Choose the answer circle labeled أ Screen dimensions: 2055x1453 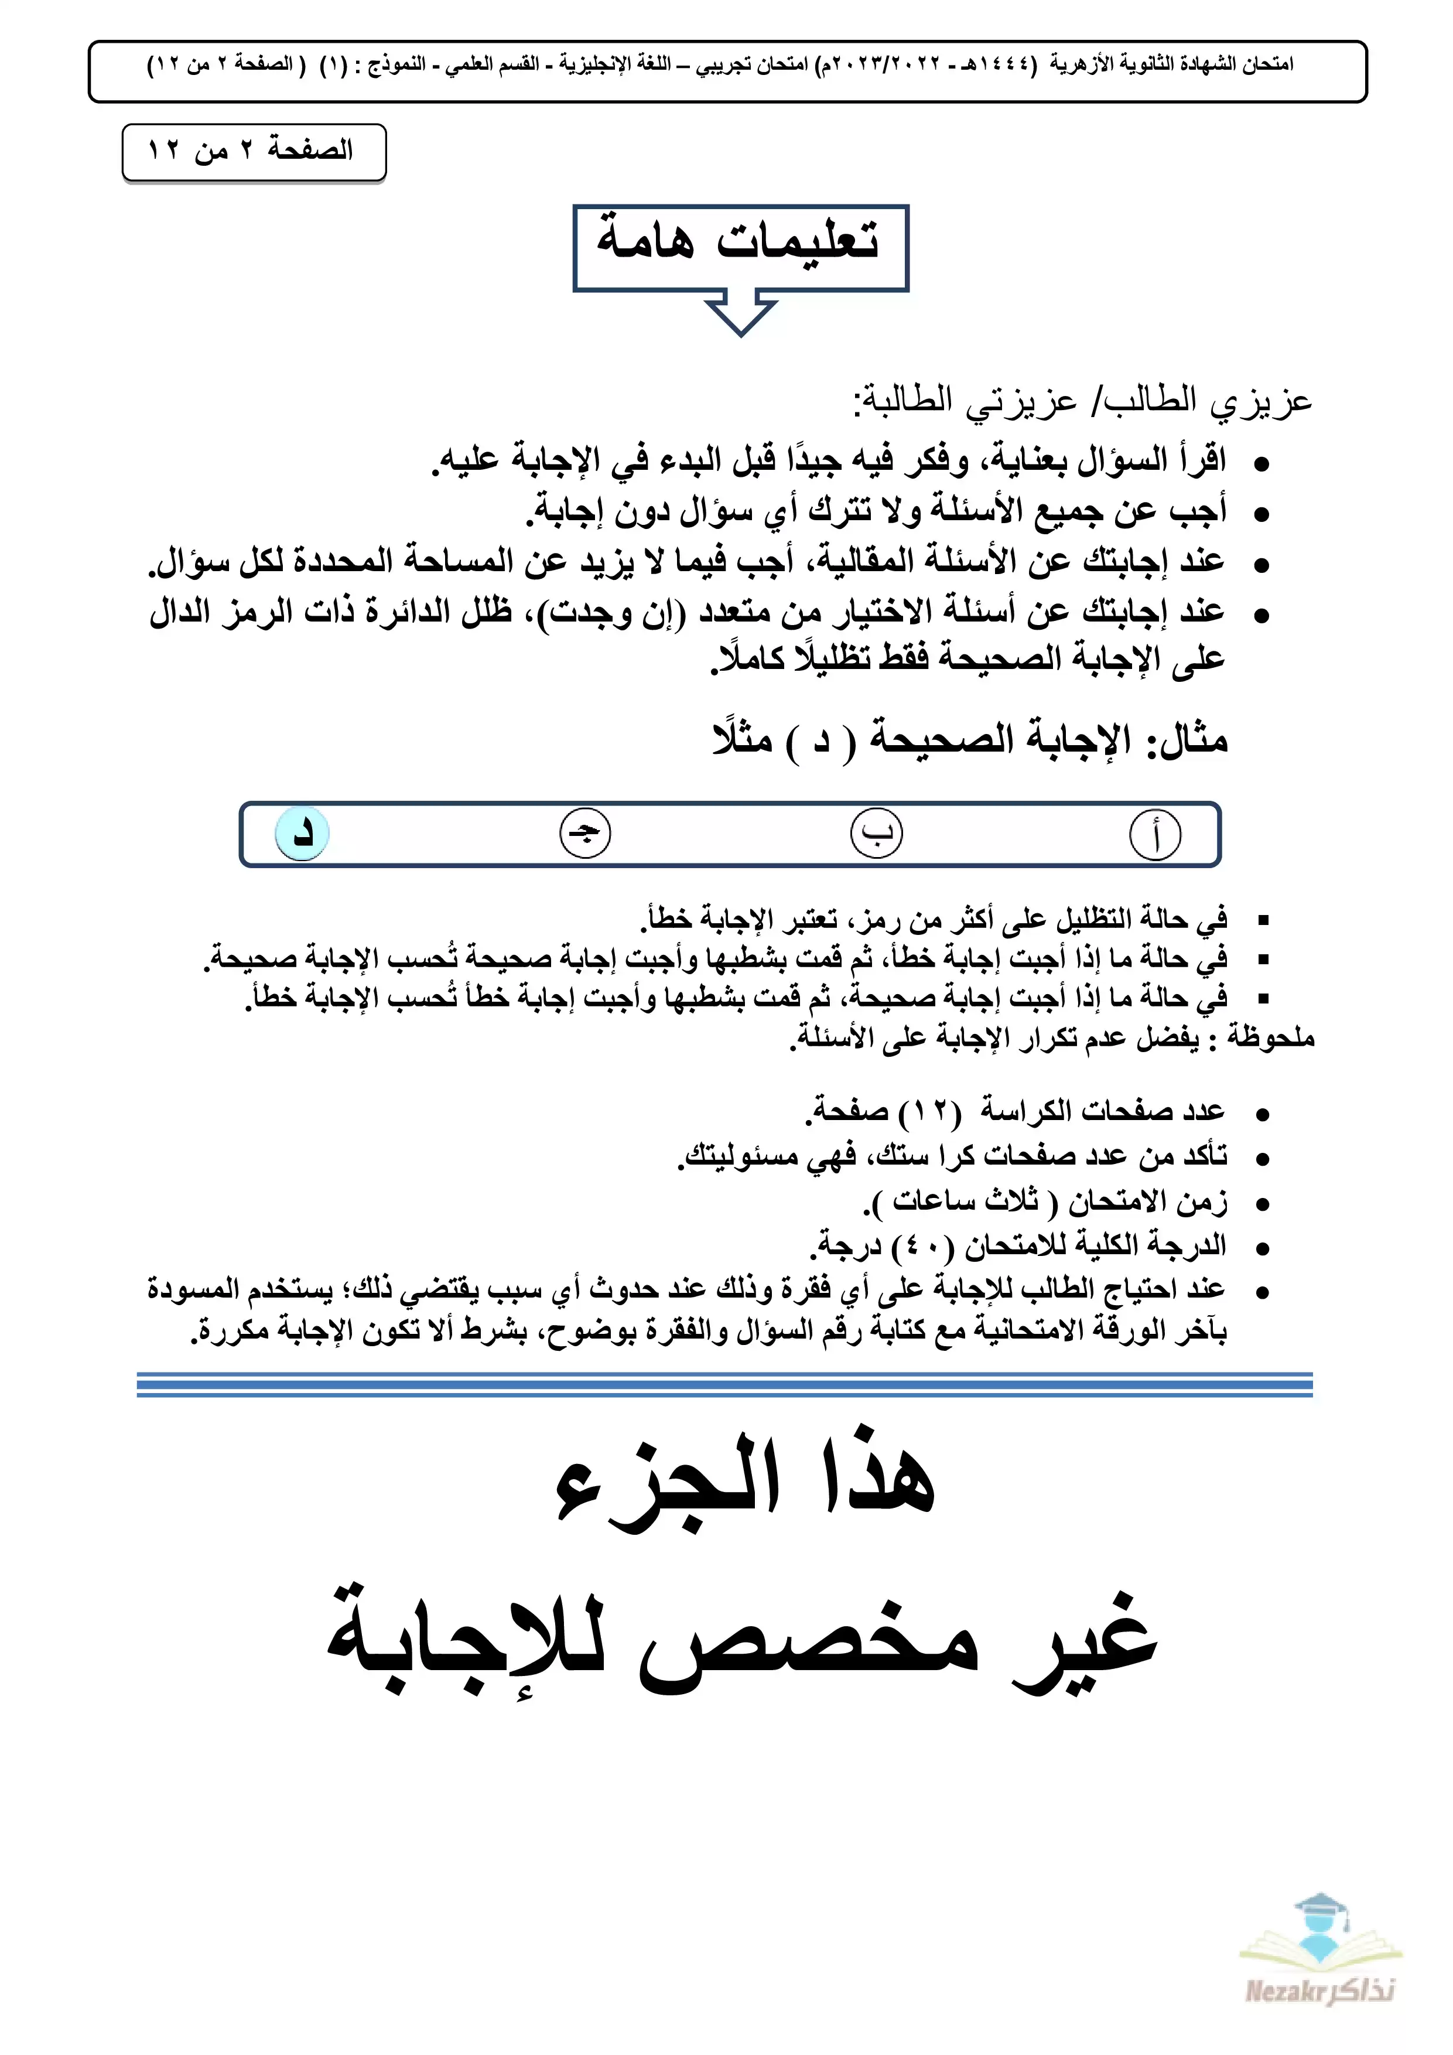(1155, 834)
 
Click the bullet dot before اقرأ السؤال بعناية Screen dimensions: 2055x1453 (1261, 463)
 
